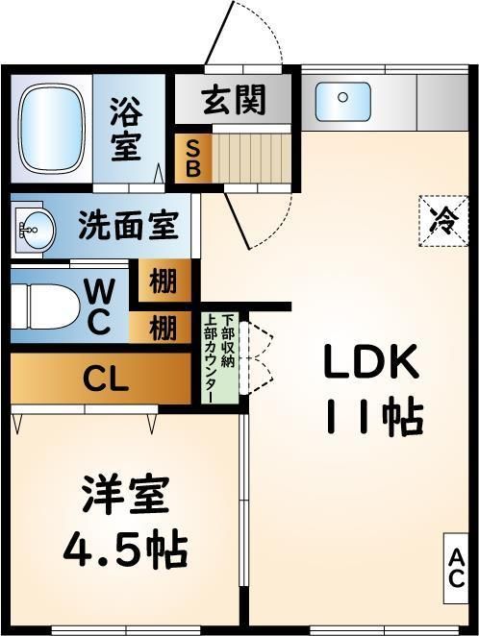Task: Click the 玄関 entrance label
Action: tap(234, 100)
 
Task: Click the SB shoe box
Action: tap(192, 159)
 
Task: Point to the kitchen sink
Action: tap(344, 99)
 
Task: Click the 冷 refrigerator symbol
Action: tap(444, 220)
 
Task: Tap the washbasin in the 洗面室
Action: tap(33, 229)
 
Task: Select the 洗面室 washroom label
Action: tap(128, 228)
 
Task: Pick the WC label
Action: tap(99, 306)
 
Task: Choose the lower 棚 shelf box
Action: tap(164, 329)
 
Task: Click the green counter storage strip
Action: tap(220, 356)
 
